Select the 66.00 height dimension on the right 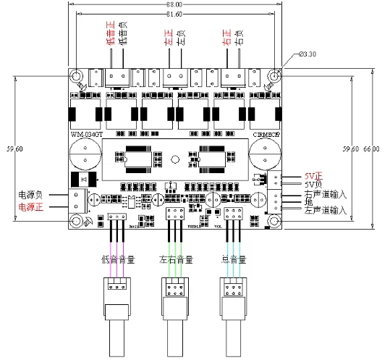371,148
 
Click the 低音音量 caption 116,259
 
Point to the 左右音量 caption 175,259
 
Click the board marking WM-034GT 88,135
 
